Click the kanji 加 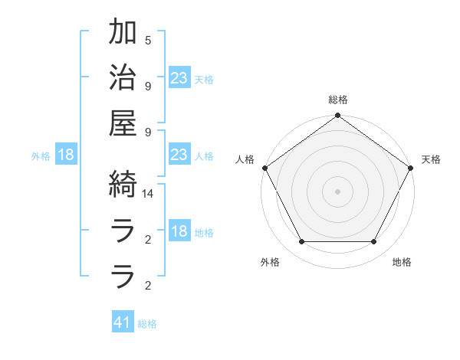click(x=123, y=33)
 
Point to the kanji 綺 click(x=123, y=184)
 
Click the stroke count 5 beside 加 click(x=148, y=40)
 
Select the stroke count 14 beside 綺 click(x=149, y=195)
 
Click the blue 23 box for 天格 click(x=179, y=77)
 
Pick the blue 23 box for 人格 click(x=179, y=155)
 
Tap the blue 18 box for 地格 click(x=179, y=232)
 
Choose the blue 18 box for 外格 click(x=66, y=155)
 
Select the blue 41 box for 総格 click(x=123, y=322)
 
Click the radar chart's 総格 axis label click(x=338, y=100)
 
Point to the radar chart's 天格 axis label click(x=432, y=159)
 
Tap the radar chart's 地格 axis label click(x=402, y=262)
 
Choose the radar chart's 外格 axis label click(x=270, y=262)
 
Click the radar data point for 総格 click(x=337, y=116)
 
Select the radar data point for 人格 click(x=265, y=168)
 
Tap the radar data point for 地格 click(x=374, y=242)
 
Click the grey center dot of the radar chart click(x=337, y=191)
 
